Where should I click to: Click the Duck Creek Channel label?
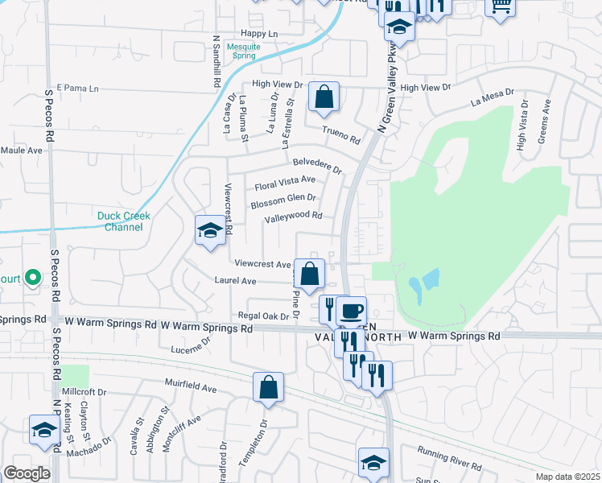point(124,221)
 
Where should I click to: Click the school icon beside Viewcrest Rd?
point(210,231)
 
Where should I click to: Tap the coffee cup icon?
point(351,311)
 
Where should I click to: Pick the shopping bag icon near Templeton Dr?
point(268,388)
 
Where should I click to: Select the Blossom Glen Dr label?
point(283,200)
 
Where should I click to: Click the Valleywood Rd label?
point(293,216)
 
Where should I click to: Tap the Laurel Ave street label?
point(235,281)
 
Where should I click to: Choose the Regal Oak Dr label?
point(258,316)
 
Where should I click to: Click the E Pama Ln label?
point(77,88)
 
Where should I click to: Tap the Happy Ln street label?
point(258,34)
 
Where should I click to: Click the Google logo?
point(27,473)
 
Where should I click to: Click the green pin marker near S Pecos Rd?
point(32,278)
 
